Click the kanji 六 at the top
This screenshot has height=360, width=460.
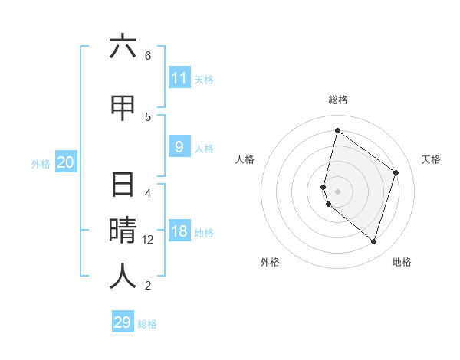(x=123, y=47)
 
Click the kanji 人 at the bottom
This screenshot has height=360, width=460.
(x=123, y=277)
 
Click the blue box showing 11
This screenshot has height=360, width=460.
(x=179, y=78)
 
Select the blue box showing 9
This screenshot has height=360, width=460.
(x=179, y=147)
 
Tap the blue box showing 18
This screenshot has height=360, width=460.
(x=179, y=232)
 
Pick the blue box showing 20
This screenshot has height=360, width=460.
(x=66, y=162)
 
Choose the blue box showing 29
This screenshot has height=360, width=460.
(x=123, y=322)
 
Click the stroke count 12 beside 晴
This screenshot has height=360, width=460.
(x=148, y=240)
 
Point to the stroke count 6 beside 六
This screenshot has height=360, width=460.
(x=148, y=55)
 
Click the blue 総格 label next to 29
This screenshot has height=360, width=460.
(x=147, y=324)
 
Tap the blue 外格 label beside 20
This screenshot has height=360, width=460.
(x=41, y=163)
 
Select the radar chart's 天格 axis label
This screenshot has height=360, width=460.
(x=431, y=159)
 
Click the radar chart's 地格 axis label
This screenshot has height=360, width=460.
(x=402, y=262)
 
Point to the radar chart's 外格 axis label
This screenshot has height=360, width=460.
(x=270, y=262)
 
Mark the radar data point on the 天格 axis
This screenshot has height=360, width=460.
(x=396, y=172)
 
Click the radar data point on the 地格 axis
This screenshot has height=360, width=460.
(x=373, y=241)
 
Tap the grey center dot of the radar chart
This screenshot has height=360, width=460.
(x=337, y=191)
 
